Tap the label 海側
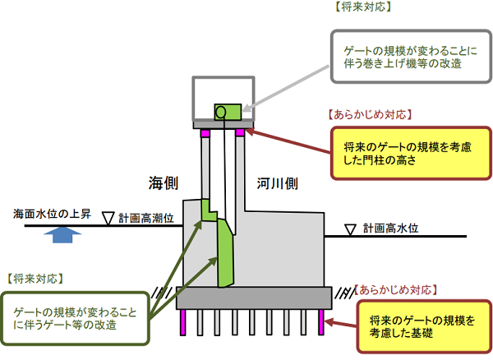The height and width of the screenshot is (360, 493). (x=164, y=182)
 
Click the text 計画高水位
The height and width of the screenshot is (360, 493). (x=392, y=227)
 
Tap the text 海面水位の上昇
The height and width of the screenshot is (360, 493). (x=54, y=213)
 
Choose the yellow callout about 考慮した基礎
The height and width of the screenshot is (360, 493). (x=415, y=326)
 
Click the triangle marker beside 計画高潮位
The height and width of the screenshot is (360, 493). (x=107, y=218)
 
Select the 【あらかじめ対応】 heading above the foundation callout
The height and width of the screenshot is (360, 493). (x=395, y=290)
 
